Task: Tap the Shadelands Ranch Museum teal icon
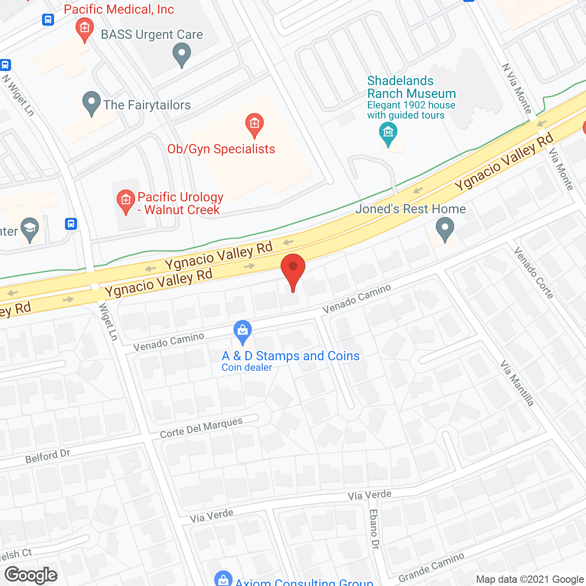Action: tap(388, 134)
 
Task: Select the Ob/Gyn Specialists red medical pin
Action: tap(255, 125)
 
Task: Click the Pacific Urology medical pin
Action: tap(125, 201)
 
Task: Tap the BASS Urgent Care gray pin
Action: tap(182, 54)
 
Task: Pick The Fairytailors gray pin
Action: tap(92, 103)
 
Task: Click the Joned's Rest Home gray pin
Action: tap(445, 228)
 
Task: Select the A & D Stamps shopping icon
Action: tap(243, 331)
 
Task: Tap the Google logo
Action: tap(31, 575)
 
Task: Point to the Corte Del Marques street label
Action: tap(201, 428)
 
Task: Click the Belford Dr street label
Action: tap(48, 456)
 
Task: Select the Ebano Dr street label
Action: tap(374, 529)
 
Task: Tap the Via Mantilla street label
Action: tap(517, 383)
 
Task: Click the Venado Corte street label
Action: tap(534, 272)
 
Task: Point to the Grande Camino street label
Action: tap(431, 567)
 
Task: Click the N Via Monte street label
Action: tap(517, 88)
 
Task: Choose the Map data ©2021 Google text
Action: tap(530, 579)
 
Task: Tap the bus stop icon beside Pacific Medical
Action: tap(48, 19)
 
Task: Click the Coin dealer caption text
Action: tap(247, 368)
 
